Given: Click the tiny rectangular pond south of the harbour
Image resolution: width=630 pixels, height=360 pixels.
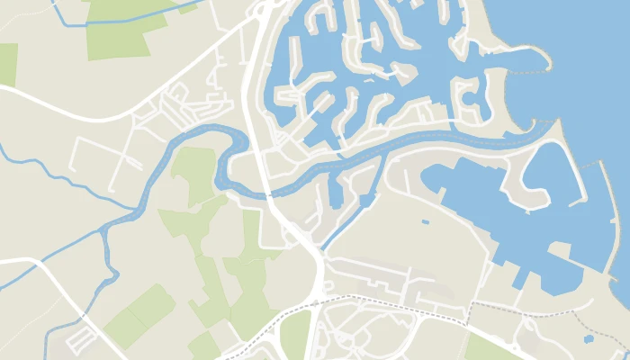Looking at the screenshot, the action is (425, 221).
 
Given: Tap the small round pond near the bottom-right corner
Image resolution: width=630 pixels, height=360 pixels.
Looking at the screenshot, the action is (589, 339).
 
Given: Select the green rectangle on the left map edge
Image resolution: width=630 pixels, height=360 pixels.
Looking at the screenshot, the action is (7, 64).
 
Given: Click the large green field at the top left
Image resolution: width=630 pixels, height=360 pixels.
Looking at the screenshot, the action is (121, 31).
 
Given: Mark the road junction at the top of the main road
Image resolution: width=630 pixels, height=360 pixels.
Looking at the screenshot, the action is (260, 11).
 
